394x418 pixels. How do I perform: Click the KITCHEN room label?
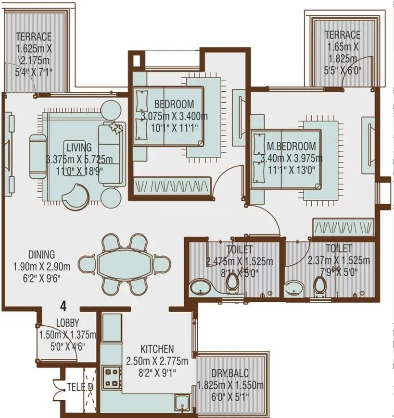tap(157, 349)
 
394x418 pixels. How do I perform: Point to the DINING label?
tap(41, 255)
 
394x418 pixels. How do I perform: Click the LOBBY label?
tap(67, 323)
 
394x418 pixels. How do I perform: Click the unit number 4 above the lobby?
tap(63, 305)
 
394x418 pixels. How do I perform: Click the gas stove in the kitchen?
tap(112, 376)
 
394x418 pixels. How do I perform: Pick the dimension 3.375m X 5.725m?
tap(79, 160)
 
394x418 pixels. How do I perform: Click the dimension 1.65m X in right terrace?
tap(342, 47)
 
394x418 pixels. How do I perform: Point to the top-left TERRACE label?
tap(33, 37)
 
